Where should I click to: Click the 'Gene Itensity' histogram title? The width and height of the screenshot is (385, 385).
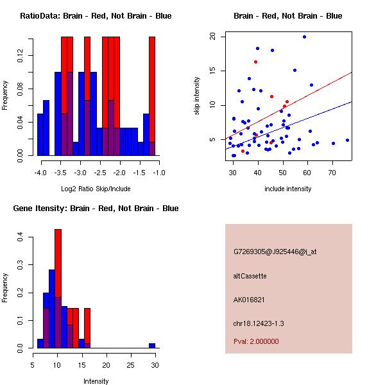(x=96, y=209)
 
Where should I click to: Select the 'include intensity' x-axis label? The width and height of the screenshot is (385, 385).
(x=288, y=189)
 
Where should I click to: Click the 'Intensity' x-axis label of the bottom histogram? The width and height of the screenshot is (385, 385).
(x=96, y=381)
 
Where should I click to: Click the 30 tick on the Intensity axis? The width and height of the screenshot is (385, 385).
(x=155, y=365)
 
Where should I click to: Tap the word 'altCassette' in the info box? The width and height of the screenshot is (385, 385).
(x=250, y=276)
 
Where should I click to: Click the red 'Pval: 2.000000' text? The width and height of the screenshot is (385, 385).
(x=257, y=341)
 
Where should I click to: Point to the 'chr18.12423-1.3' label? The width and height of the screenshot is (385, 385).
(x=259, y=323)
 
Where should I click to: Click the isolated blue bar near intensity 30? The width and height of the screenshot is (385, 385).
(x=152, y=345)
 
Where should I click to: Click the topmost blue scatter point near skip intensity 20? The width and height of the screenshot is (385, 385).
(x=304, y=37)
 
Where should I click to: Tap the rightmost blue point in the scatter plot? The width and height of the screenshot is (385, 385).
(x=347, y=140)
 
